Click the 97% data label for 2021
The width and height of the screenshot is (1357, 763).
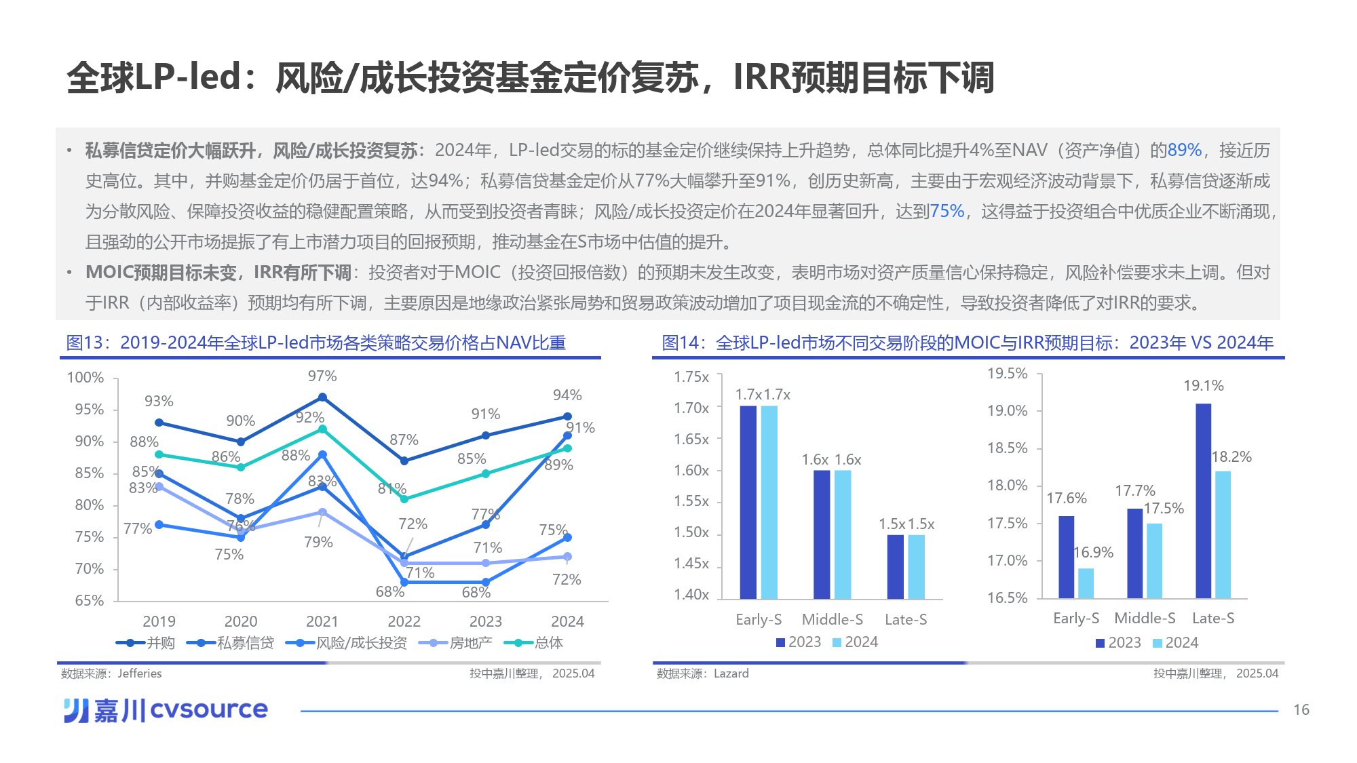click(322, 376)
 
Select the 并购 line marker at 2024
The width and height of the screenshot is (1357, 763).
click(567, 416)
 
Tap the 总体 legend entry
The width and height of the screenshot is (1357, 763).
click(535, 643)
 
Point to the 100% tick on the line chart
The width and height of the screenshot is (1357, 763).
click(85, 378)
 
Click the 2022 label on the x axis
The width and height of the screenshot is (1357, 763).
click(404, 621)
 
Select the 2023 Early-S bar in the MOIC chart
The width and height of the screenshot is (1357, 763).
click(748, 502)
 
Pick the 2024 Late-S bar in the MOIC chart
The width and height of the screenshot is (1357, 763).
click(916, 566)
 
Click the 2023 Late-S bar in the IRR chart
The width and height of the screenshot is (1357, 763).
click(1203, 501)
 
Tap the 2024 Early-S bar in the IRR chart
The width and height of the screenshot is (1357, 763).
click(1086, 583)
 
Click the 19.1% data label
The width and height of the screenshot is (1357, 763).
click(1203, 386)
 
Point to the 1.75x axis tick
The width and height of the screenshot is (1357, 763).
click(691, 377)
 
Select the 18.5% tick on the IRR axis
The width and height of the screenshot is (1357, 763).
click(1007, 448)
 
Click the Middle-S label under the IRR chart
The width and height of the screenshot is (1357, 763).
click(1145, 619)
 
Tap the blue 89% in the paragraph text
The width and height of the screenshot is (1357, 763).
click(1184, 151)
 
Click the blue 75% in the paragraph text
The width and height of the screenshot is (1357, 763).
click(947, 212)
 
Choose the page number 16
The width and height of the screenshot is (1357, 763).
click(1301, 710)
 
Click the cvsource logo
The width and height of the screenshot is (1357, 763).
click(166, 710)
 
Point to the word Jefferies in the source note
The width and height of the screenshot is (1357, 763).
click(140, 673)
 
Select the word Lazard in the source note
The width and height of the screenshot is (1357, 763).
click(731, 673)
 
